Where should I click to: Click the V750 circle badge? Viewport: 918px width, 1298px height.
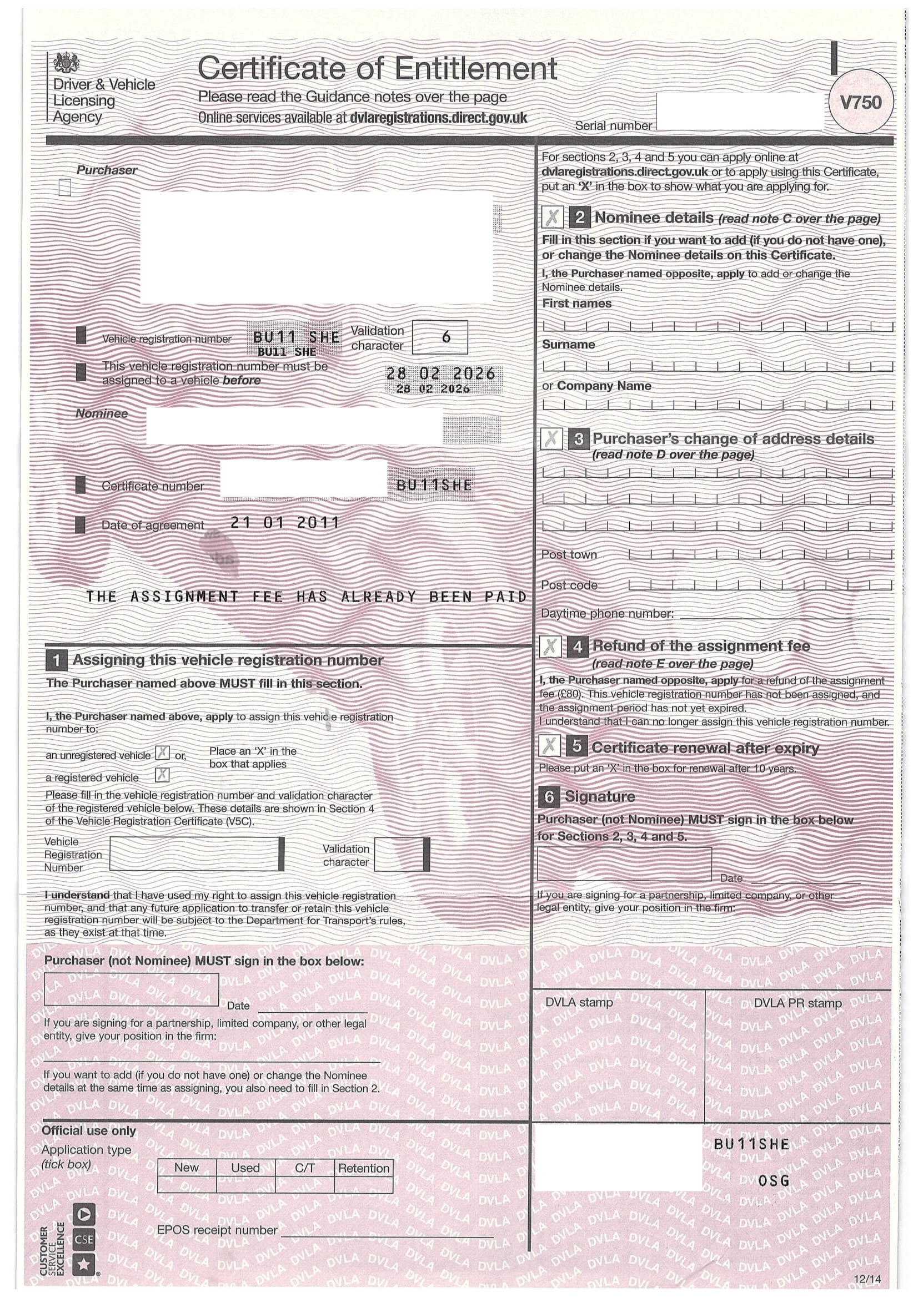coord(860,102)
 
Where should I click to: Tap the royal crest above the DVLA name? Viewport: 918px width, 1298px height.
coord(67,63)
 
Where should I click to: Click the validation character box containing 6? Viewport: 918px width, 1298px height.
coord(440,337)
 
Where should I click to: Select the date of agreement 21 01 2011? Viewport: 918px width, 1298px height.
coord(284,522)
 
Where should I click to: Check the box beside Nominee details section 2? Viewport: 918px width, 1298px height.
coord(552,217)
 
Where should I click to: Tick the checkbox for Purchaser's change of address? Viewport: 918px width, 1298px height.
coord(551,439)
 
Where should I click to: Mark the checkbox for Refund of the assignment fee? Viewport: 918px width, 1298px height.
coord(550,647)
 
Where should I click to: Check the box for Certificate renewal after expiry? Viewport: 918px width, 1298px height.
coord(549,746)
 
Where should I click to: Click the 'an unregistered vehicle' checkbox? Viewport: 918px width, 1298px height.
coord(162,752)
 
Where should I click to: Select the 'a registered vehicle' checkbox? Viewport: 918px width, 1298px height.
coord(162,775)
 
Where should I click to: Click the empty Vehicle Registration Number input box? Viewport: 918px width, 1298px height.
coord(195,853)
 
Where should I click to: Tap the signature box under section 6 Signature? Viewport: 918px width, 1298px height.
coord(624,863)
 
